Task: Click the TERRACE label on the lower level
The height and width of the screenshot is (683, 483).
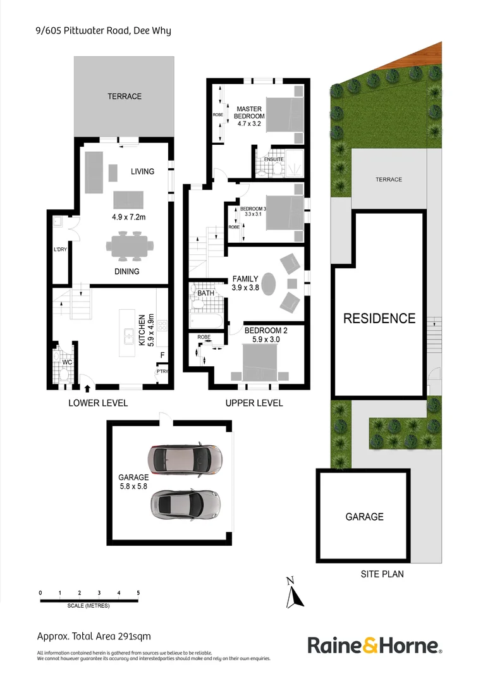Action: point(124,96)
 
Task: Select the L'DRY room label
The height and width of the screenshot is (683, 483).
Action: point(60,249)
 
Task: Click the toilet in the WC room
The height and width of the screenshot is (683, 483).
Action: point(63,373)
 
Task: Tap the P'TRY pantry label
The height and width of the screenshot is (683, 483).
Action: point(162,372)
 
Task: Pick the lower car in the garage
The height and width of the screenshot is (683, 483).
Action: point(185,503)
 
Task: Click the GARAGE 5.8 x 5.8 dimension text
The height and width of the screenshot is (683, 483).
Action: point(133,482)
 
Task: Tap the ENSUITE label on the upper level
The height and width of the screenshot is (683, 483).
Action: point(274,159)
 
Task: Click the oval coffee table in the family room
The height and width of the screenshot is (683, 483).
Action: point(270,283)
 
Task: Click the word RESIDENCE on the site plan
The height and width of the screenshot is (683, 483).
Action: point(379,319)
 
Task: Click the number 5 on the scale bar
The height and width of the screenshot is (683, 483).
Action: point(138,593)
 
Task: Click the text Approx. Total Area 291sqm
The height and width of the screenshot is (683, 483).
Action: point(94,636)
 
